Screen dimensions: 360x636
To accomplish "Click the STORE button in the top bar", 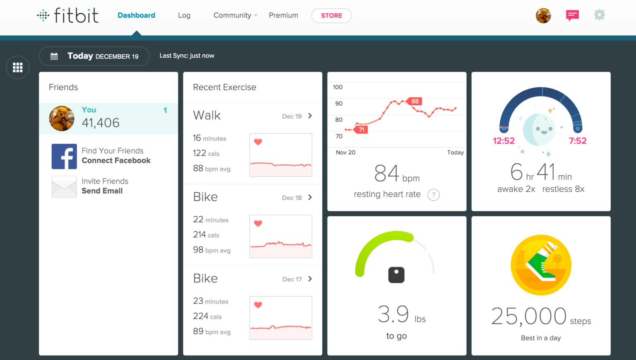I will coord(331,16).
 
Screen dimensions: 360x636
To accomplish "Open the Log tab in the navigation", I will coord(184,15).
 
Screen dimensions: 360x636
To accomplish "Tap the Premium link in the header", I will coord(283,15).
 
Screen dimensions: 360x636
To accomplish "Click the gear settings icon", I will coord(599,15).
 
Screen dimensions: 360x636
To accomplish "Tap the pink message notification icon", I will coord(572,15).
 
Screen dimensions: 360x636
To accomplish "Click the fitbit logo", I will coord(68,15).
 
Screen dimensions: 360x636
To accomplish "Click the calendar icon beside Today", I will coord(54,56).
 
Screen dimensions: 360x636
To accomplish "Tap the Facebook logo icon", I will coord(64,156).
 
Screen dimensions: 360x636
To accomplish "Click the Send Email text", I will coord(102,191).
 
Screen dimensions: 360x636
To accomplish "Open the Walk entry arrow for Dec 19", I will coord(310,116).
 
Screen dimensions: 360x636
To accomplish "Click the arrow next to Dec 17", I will coord(310,279).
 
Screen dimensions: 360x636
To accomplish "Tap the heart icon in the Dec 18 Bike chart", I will coord(258,223).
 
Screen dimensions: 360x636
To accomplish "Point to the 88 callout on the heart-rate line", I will coord(414,101).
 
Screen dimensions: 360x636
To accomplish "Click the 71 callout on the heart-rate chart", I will coord(361,130).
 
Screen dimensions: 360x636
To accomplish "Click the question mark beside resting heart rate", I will coord(433,195).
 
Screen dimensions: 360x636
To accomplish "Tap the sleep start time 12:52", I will coord(503,141).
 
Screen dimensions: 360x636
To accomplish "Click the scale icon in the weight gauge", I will coord(396,275).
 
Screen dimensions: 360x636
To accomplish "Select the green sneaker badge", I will coord(541,265).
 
